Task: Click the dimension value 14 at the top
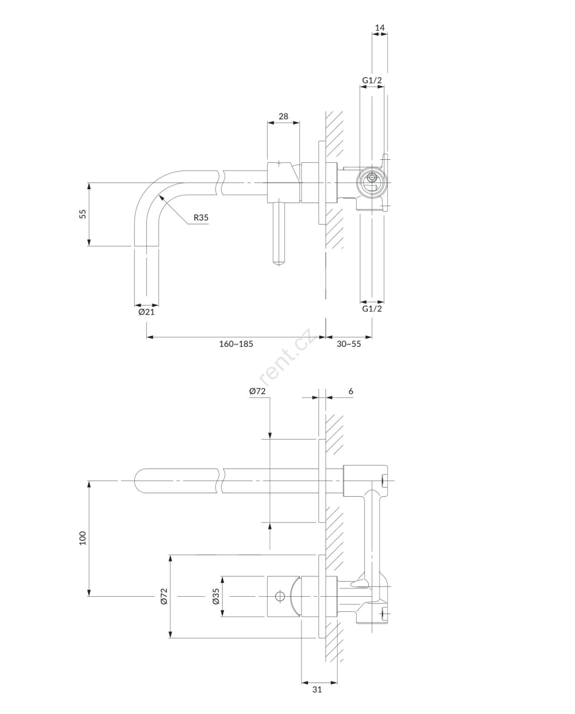tap(380, 28)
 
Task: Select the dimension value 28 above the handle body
tap(283, 116)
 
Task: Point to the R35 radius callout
tap(201, 217)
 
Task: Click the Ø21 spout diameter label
tap(146, 312)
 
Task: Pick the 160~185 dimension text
tap(236, 344)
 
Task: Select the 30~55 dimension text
tap(349, 344)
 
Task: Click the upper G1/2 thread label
tap(372, 80)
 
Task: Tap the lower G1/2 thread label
tap(372, 308)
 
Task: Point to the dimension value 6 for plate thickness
tap(351, 391)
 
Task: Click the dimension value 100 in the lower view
tap(83, 538)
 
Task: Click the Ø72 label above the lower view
tap(257, 391)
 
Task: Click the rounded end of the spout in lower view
tap(137, 481)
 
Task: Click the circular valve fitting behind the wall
tap(372, 183)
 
